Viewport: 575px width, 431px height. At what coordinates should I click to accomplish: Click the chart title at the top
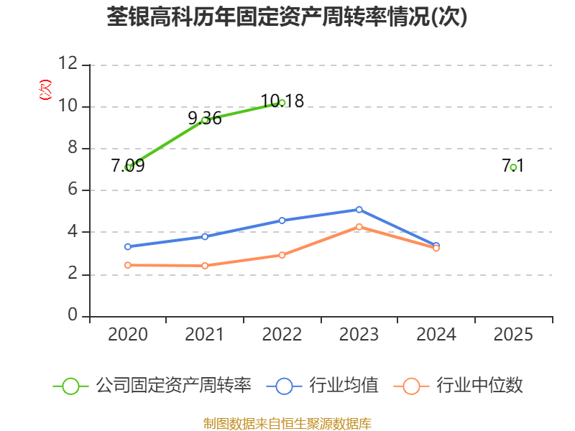(x=287, y=17)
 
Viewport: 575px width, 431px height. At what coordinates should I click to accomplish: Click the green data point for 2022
(x=282, y=103)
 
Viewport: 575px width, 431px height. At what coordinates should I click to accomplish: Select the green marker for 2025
(x=513, y=167)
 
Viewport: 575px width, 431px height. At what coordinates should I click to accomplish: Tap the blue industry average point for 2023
(x=359, y=210)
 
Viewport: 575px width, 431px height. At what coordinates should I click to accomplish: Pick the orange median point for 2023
(x=359, y=227)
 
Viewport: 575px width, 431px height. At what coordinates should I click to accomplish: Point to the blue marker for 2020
(x=128, y=246)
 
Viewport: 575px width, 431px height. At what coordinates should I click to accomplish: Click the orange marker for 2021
(x=205, y=266)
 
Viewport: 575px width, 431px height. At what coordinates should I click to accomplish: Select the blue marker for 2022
(x=282, y=221)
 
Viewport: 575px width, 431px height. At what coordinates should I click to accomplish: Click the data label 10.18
(x=282, y=101)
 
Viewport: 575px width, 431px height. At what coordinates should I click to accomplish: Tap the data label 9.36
(x=205, y=118)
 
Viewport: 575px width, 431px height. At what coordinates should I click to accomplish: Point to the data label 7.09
(x=128, y=166)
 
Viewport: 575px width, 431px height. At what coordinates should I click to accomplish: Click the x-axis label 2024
(x=436, y=334)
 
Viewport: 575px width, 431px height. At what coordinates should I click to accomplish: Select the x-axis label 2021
(x=205, y=334)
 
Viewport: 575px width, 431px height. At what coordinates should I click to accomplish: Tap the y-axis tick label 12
(x=68, y=63)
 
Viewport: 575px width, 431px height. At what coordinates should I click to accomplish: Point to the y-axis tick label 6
(x=73, y=189)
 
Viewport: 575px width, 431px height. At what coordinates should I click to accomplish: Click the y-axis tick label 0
(x=73, y=315)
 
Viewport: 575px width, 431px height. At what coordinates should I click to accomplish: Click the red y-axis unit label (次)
(x=45, y=90)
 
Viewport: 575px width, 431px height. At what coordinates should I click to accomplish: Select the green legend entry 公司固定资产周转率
(x=152, y=386)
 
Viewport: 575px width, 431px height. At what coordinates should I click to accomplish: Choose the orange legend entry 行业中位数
(x=459, y=386)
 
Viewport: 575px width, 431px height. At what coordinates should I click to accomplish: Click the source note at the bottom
(x=287, y=424)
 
